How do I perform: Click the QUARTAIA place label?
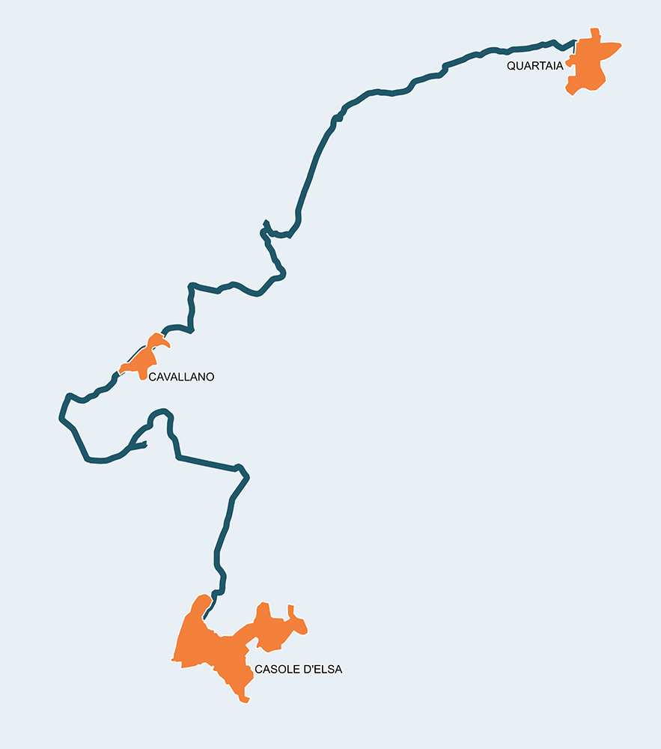pyautogui.click(x=534, y=66)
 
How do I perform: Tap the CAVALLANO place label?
pyautogui.click(x=181, y=377)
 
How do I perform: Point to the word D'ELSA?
pyautogui.click(x=323, y=670)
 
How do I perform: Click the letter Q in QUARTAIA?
pyautogui.click(x=511, y=66)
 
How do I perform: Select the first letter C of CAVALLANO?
pyautogui.click(x=153, y=377)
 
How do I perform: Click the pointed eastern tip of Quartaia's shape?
pyautogui.click(x=621, y=47)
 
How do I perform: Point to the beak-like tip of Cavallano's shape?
pyautogui.click(x=169, y=347)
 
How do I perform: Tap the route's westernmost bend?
pyautogui.click(x=61, y=416)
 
